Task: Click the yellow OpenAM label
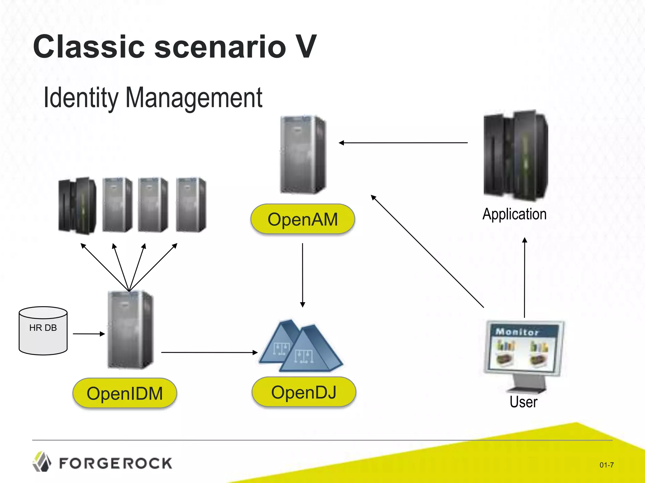302,219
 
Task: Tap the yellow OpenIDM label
125,393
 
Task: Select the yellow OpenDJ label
304,392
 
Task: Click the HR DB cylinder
43,331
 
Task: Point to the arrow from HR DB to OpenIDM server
89,334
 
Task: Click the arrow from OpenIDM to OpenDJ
209,353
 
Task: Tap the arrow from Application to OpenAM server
403,143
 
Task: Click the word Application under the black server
514,214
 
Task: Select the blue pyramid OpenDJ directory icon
301,347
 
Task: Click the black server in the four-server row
77,206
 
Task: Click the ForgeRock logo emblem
42,462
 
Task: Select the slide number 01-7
606,465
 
